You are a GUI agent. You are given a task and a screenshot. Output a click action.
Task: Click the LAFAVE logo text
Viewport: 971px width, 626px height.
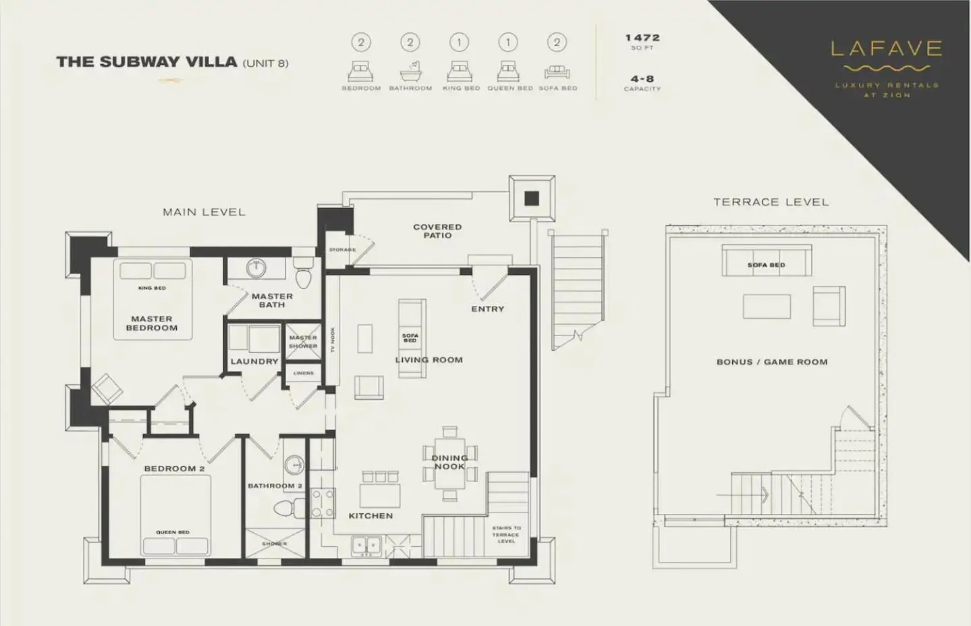[887, 49]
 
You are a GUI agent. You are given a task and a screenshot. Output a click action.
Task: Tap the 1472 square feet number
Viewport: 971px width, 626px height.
[642, 38]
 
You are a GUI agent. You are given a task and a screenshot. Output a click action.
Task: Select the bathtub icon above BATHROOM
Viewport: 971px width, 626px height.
[410, 71]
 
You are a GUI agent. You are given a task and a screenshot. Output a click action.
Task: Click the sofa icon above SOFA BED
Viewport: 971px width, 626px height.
[557, 71]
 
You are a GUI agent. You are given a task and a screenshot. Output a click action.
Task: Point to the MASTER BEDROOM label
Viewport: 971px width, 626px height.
[152, 323]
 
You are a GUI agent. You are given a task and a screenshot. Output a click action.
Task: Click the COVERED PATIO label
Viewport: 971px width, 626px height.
[437, 231]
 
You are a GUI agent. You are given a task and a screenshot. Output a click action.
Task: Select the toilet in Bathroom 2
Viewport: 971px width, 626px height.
[283, 507]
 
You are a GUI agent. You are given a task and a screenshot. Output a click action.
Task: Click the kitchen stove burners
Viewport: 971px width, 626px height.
[323, 503]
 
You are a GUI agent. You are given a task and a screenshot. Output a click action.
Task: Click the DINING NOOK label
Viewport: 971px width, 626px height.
[449, 463]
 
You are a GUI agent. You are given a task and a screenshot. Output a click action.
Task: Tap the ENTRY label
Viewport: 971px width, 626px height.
[487, 309]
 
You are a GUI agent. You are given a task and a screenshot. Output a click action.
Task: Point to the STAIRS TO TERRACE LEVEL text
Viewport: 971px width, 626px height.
[506, 534]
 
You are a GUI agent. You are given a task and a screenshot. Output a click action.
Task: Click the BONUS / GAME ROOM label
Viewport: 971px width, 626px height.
[772, 362]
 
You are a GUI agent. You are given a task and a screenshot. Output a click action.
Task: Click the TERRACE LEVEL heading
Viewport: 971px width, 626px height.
[771, 202]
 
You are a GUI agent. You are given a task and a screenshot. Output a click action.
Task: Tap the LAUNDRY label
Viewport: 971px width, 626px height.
[254, 361]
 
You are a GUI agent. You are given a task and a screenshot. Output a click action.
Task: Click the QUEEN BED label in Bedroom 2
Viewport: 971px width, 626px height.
[173, 532]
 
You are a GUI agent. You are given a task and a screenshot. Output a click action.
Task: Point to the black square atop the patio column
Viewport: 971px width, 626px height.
[532, 199]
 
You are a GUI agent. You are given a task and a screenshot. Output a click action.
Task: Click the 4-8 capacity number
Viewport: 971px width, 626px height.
[642, 79]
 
